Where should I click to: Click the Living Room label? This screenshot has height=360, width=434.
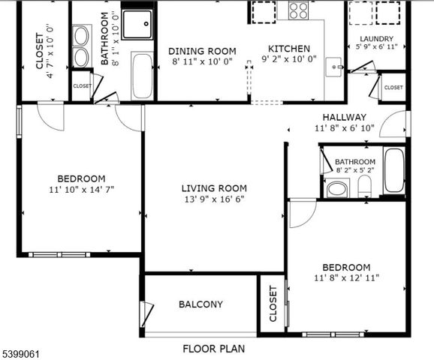pyautogui.click(x=213, y=188)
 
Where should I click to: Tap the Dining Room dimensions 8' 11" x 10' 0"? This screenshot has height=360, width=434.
pyautogui.click(x=201, y=61)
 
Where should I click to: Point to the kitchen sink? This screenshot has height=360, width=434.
pyautogui.click(x=333, y=67)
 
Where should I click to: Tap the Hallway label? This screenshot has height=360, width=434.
pyautogui.click(x=344, y=117)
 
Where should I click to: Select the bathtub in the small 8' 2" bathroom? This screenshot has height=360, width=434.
pyautogui.click(x=393, y=171)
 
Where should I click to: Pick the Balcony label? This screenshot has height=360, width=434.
pyautogui.click(x=200, y=304)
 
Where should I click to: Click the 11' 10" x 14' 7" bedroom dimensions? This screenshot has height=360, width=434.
pyautogui.click(x=81, y=190)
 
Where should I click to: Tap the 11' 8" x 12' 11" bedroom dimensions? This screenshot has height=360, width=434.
pyautogui.click(x=346, y=278)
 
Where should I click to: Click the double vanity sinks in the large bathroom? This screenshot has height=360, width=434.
pyautogui.click(x=81, y=46)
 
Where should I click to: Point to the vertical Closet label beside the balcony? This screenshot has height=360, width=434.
pyautogui.click(x=273, y=304)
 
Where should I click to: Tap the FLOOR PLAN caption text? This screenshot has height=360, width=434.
pyautogui.click(x=214, y=349)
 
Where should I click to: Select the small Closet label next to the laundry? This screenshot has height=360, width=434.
pyautogui.click(x=393, y=88)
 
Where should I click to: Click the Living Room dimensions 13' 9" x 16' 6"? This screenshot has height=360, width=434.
pyautogui.click(x=213, y=199)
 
